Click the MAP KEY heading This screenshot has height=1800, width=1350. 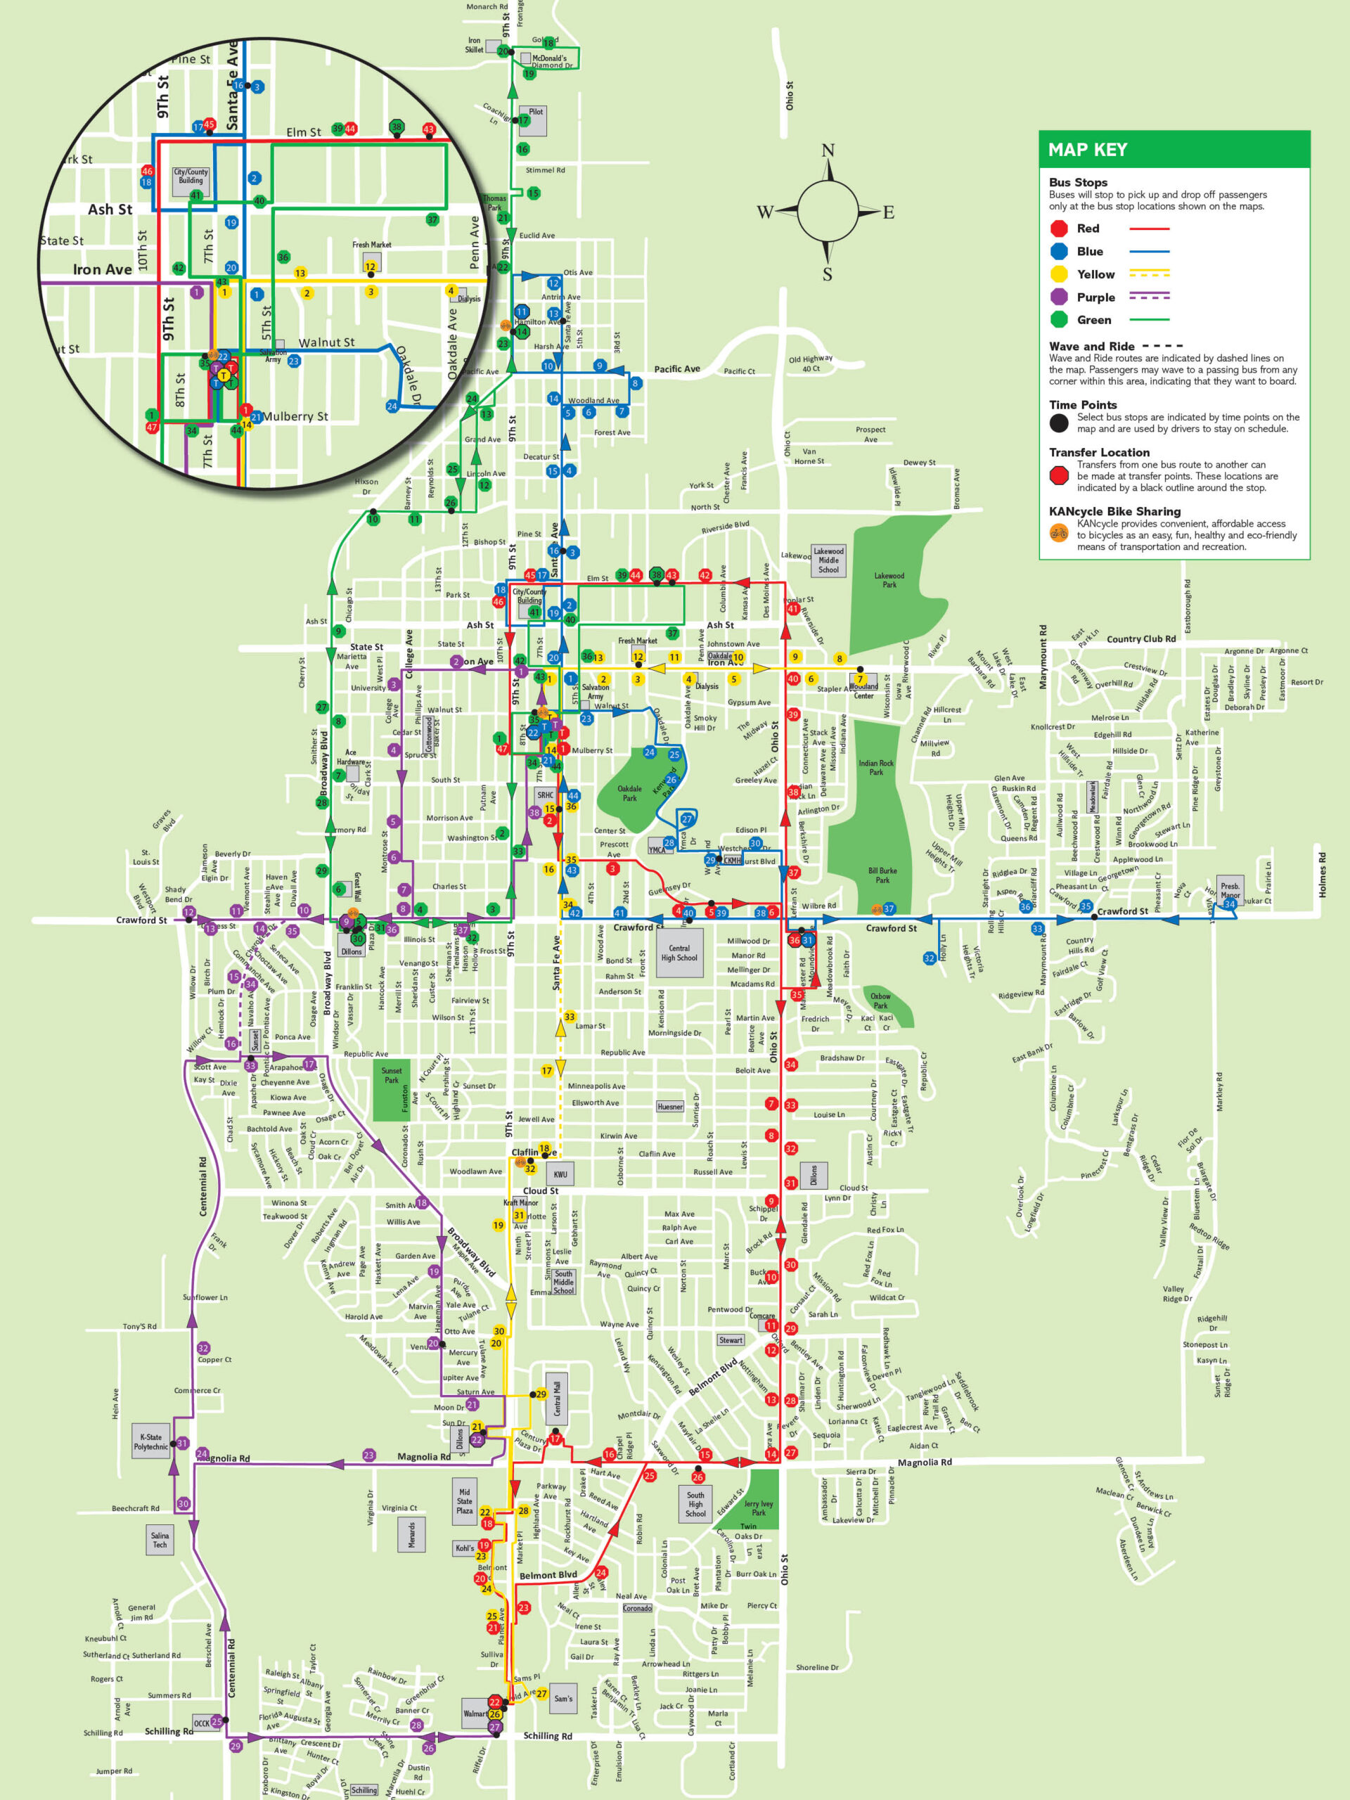tap(1087, 150)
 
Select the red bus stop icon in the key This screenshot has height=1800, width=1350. tap(1059, 229)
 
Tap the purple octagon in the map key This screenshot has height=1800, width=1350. tap(1059, 297)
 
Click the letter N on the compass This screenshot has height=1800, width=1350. tap(828, 150)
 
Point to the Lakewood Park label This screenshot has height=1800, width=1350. tap(889, 579)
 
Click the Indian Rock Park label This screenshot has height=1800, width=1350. tap(875, 766)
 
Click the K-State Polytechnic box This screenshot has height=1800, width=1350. tap(150, 1441)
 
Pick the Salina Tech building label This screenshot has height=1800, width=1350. tap(160, 1540)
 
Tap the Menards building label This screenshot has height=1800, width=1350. tap(411, 1535)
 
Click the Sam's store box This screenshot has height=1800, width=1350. tap(562, 1698)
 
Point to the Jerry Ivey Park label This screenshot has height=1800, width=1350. tap(759, 1508)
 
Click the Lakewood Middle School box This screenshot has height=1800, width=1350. tap(828, 560)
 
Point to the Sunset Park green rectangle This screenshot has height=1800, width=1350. tap(392, 1091)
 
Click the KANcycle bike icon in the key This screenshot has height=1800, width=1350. tap(1059, 533)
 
